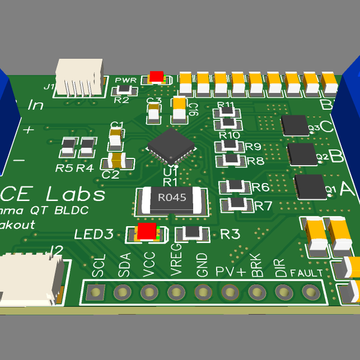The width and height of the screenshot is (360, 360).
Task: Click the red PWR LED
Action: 156,77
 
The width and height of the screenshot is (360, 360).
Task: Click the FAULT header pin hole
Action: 310,292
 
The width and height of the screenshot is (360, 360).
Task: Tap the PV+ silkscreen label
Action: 230,271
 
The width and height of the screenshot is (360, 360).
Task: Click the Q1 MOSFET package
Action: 310,187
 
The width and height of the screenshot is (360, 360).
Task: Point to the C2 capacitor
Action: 113,161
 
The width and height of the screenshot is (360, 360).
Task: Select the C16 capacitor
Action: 179,110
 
